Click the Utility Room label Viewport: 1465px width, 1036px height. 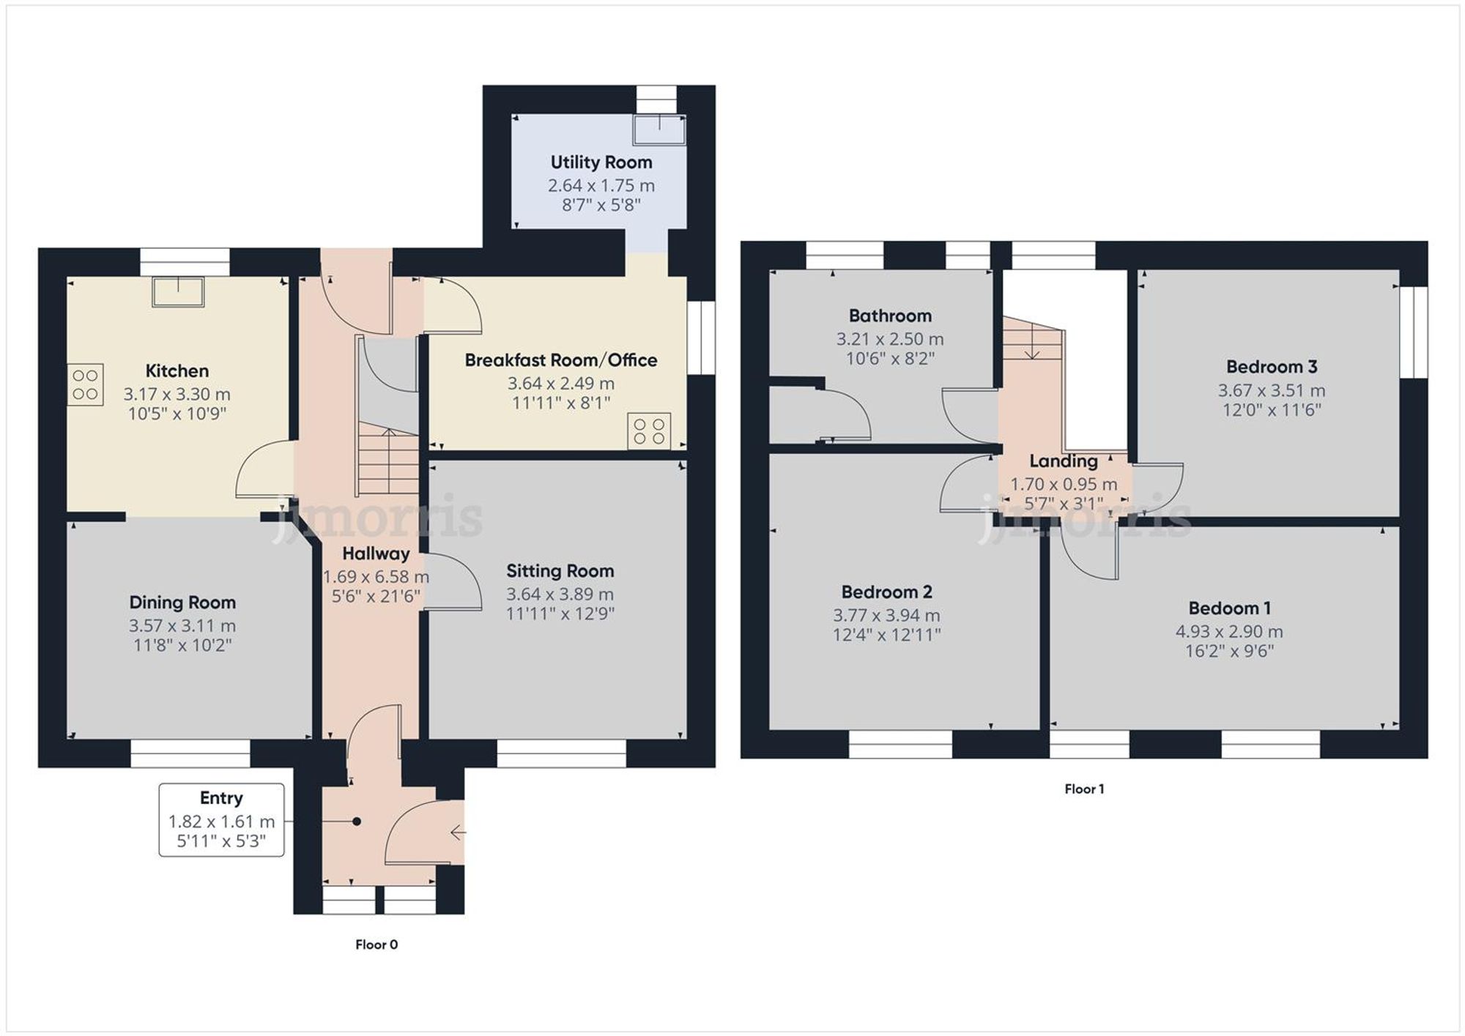601,163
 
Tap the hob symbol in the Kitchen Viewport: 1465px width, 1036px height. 86,384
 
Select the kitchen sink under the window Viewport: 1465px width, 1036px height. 178,291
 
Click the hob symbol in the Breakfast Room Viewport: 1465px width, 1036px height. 649,431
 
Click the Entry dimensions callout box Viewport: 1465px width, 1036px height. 221,819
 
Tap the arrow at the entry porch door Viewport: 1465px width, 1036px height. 458,832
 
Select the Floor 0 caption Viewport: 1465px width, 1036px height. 377,944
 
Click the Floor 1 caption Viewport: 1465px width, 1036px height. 1083,789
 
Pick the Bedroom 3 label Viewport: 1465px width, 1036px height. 1271,367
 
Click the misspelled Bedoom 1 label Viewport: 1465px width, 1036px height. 1229,608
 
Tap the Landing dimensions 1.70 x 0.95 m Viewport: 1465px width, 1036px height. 1064,484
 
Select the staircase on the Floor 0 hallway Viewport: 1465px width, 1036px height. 387,461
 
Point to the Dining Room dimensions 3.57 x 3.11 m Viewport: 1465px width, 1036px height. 182,626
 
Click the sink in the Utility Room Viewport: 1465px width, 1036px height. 659,130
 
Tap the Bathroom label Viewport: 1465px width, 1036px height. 890,316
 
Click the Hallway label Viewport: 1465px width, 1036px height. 376,554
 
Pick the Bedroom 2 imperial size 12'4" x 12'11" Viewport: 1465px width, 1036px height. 886,635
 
